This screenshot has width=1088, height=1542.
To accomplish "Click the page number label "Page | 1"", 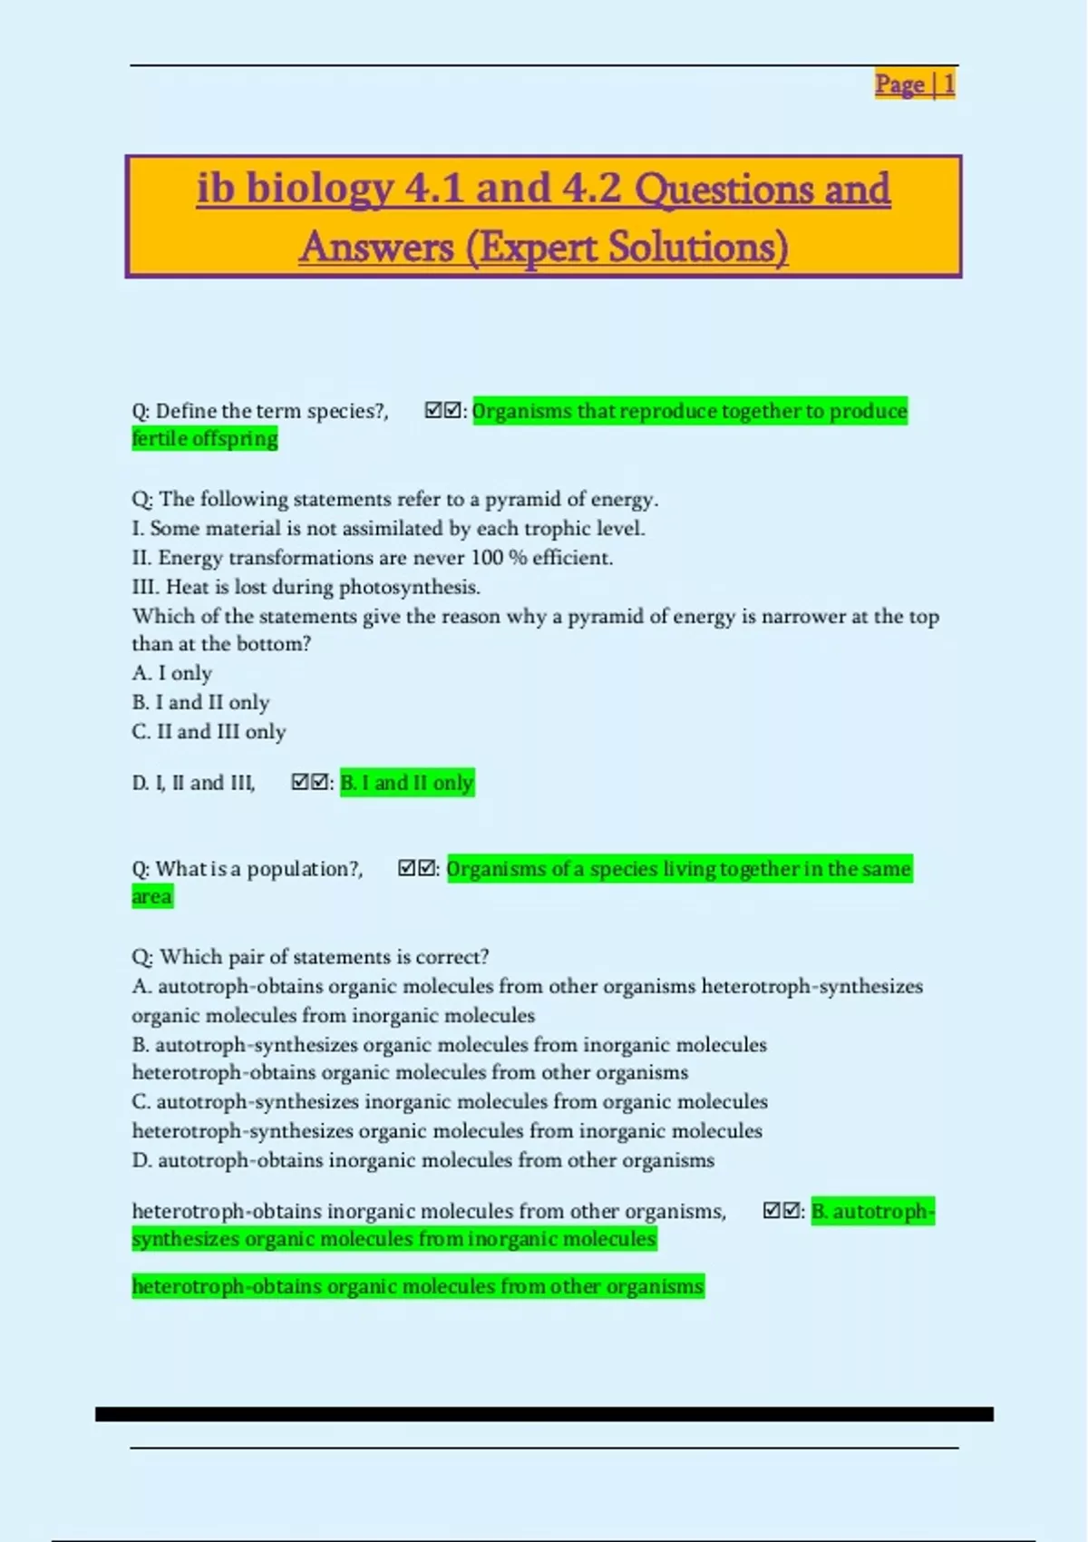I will (914, 84).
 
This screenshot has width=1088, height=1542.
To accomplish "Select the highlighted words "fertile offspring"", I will (205, 439).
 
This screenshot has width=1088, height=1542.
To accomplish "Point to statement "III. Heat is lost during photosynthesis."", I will (306, 587).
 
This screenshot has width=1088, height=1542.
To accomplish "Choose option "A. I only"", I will (172, 673).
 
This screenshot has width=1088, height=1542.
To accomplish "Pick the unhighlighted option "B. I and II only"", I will (200, 702).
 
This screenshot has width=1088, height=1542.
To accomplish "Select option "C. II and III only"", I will (209, 731).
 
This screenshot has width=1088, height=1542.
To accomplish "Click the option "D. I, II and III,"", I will (194, 783).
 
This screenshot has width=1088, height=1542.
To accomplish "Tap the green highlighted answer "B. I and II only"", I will (407, 783).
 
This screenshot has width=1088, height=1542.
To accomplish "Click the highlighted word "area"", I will (151, 897).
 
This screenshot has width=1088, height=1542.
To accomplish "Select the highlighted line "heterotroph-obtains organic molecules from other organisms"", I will (417, 1286).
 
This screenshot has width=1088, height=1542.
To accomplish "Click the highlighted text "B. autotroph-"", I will (872, 1211).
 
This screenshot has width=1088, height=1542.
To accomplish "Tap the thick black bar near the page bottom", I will (544, 1414).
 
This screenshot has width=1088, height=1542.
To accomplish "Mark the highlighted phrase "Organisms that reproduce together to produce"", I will (689, 411).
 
